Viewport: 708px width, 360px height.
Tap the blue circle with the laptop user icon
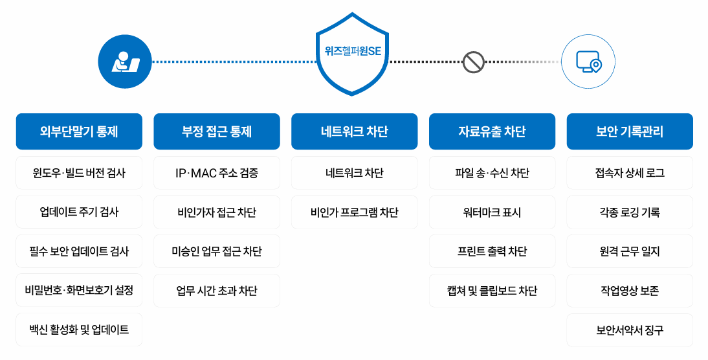[x=125, y=62]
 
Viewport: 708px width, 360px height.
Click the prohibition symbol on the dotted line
[x=473, y=62]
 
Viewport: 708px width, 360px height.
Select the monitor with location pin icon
[x=588, y=62]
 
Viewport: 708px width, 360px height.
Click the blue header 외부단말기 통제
[x=79, y=131]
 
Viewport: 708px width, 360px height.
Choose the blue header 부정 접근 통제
[x=217, y=131]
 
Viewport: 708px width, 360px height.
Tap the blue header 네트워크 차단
[x=355, y=131]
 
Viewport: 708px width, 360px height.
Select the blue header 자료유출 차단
[x=492, y=131]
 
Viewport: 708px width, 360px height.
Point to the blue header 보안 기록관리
[x=630, y=131]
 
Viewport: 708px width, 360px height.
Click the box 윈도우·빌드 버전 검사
[x=79, y=173]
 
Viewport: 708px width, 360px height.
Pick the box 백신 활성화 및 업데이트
[x=79, y=330]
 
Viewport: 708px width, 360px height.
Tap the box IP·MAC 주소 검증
[x=217, y=173]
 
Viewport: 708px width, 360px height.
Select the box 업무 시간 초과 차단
[x=217, y=291]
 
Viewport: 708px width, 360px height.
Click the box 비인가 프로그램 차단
[x=355, y=212]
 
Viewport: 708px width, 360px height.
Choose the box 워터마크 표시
[x=492, y=212]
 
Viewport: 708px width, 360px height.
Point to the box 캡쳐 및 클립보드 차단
[x=492, y=291]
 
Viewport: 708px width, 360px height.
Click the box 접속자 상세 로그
[x=630, y=173]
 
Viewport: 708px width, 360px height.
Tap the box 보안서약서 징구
[x=630, y=330]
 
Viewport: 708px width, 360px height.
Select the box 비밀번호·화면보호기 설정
[x=79, y=291]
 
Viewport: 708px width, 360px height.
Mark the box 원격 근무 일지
[x=630, y=251]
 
